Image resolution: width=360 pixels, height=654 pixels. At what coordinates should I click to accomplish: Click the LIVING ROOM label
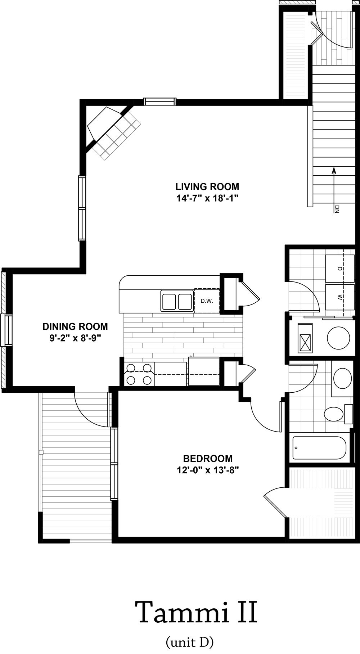207,187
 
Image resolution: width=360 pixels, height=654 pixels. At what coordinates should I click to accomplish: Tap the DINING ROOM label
75,326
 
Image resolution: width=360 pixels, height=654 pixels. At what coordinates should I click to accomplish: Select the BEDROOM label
208,459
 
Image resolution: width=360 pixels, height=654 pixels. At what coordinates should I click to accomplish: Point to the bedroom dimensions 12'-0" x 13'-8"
208,470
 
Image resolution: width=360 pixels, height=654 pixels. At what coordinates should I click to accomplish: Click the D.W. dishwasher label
207,301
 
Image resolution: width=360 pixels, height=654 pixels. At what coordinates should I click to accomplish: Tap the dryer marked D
339,269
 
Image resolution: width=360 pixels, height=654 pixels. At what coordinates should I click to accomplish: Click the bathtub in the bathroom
319,448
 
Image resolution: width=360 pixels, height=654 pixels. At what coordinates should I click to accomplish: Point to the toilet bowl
334,414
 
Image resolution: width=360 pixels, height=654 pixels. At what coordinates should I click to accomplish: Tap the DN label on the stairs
337,209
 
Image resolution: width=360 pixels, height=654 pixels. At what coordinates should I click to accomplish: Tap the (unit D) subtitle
190,641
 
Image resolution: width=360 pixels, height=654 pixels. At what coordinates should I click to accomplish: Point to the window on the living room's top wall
160,101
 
